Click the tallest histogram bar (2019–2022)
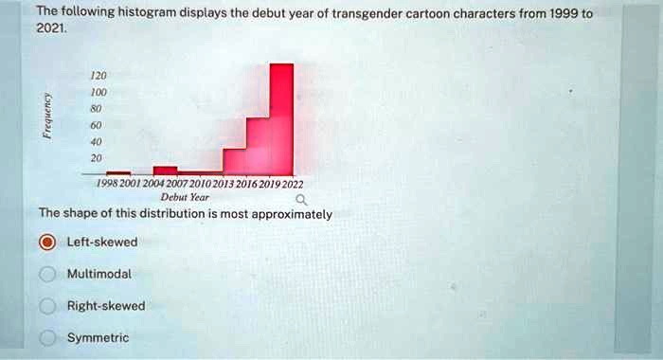(x=281, y=118)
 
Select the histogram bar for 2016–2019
(x=258, y=147)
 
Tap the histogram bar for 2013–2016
(x=234, y=163)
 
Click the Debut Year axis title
(x=185, y=198)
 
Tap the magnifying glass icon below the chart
(x=300, y=201)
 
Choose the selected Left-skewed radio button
(x=46, y=243)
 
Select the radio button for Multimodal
(x=46, y=275)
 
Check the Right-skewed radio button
(x=46, y=306)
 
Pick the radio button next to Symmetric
(x=46, y=338)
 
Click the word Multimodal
(x=99, y=274)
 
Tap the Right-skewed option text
(x=106, y=306)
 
